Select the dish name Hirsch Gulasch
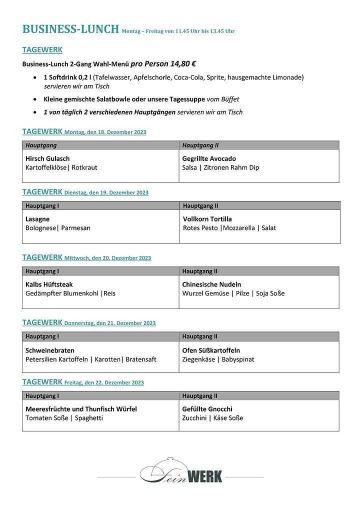[x=47, y=158]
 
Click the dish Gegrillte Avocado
[x=209, y=158]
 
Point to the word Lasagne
[x=37, y=219]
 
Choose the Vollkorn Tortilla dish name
[x=207, y=219]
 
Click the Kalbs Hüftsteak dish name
[x=49, y=284]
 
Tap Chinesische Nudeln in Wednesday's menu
[x=211, y=284]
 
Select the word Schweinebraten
[x=50, y=350]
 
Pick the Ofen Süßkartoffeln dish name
[x=211, y=350]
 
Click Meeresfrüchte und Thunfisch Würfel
[x=81, y=409]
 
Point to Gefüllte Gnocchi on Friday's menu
[x=207, y=409]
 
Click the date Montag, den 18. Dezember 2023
[x=105, y=132]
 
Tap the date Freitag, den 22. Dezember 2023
[x=104, y=383]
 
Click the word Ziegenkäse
[x=198, y=359]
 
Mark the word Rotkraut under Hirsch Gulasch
[x=84, y=167]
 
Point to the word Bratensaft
[x=141, y=359]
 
